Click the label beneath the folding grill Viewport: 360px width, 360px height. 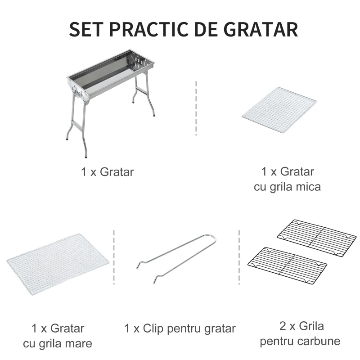(x=108, y=172)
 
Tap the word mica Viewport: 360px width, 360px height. (x=307, y=186)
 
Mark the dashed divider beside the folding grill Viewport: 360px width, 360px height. (x=196, y=108)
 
